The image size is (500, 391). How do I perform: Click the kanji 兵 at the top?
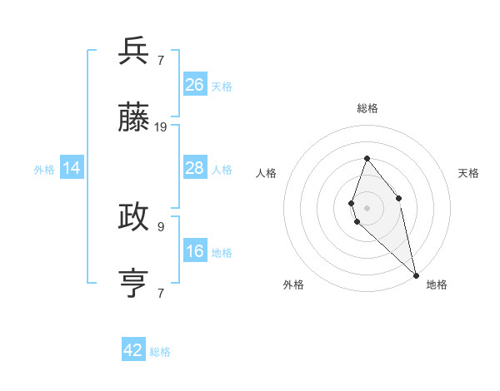[x=134, y=52]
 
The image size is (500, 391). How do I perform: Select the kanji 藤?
[x=134, y=119]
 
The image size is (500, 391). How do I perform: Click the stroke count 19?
[x=161, y=127]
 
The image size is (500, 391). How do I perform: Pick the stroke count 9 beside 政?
[x=160, y=226]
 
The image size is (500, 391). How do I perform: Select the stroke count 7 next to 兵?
[x=160, y=60]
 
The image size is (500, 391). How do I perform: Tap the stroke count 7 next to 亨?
[x=160, y=294]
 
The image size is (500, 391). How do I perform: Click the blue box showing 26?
[x=194, y=84]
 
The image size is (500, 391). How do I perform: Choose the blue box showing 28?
[x=194, y=168]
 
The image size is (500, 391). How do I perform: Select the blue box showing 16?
[x=194, y=251]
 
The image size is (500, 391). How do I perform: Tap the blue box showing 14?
[x=72, y=168]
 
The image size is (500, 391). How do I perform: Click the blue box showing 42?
[x=133, y=350]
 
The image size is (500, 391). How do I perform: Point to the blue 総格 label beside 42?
[x=160, y=352]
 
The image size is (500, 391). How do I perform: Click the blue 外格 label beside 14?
[x=44, y=170]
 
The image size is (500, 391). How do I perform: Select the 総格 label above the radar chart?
[x=367, y=108]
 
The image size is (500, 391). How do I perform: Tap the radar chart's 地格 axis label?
[x=437, y=285]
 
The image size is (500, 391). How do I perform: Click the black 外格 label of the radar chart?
[x=293, y=285]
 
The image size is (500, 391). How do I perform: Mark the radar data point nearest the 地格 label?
[x=415, y=274]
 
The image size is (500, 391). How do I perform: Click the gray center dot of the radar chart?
[x=367, y=207]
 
